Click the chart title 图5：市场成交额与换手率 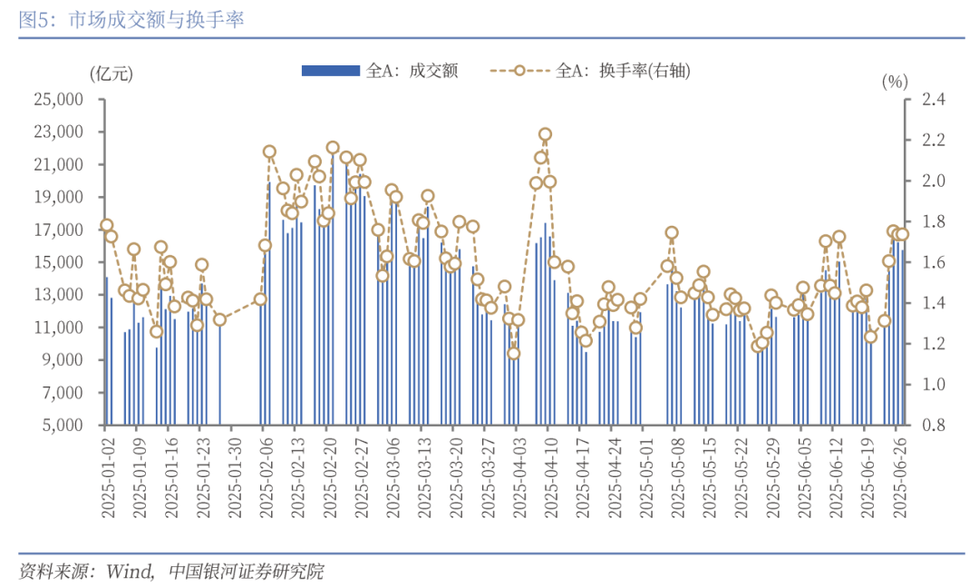pos(131,19)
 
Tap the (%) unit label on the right pos(894,82)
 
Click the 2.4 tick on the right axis pos(934,100)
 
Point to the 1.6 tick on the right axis pos(934,262)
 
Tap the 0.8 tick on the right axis pos(934,426)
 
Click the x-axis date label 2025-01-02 pos(106,476)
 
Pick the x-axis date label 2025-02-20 pos(326,476)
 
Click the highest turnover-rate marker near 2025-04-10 pos(545,134)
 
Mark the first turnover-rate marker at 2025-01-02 pos(106,225)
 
